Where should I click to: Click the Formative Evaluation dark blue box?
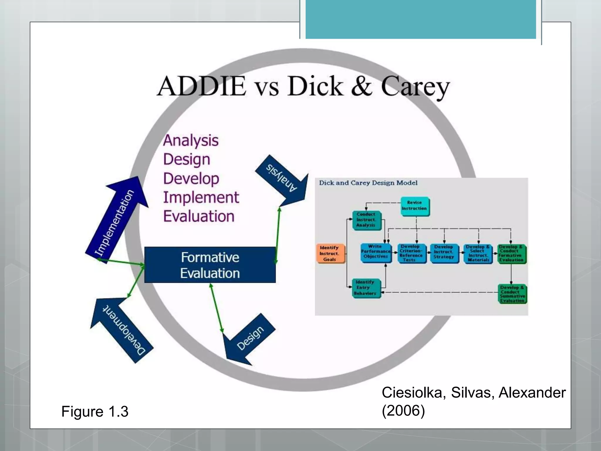pos(210,265)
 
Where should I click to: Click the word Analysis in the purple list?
pos(191,140)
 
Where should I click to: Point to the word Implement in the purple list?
pos(201,197)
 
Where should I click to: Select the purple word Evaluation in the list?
pos(199,216)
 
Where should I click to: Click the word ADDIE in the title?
pos(202,86)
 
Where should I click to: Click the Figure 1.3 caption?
pos(95,411)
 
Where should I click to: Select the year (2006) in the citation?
pos(403,410)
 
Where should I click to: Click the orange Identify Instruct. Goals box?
pos(330,253)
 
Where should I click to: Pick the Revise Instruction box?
pos(414,206)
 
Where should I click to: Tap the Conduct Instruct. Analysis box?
pos(366,220)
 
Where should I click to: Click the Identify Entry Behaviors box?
pos(366,288)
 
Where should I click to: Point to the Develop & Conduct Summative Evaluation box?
pos(512,294)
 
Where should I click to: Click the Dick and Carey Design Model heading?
pos(368,183)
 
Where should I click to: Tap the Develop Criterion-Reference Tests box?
pos(411,253)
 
